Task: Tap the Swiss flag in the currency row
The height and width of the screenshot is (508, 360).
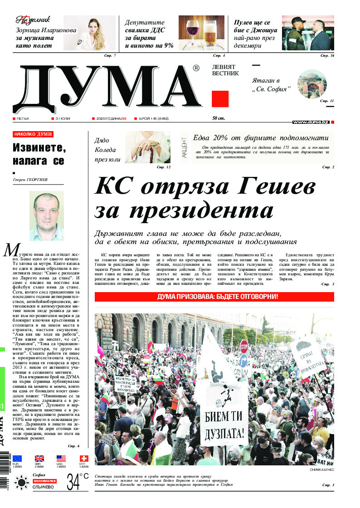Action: coord(83,459)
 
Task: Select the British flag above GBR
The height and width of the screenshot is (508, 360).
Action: coord(39,459)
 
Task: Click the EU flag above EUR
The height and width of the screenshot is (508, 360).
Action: coord(17,459)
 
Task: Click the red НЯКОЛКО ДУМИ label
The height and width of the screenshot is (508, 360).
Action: coord(33,134)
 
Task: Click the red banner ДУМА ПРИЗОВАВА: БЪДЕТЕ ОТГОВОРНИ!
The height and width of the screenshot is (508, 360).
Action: coord(214,297)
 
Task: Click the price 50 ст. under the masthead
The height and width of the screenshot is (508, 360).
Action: coord(219,118)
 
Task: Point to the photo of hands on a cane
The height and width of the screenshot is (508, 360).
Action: coord(147,147)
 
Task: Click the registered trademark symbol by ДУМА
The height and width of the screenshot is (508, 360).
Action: coord(195,68)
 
